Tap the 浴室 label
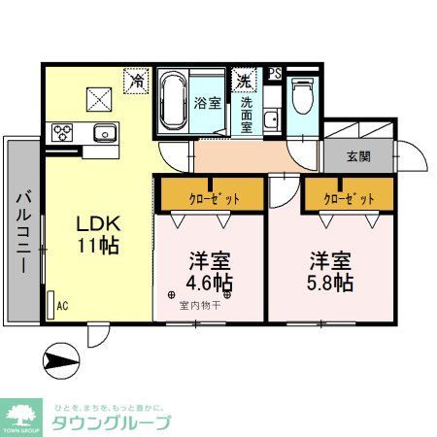point(208,101)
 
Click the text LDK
point(98,222)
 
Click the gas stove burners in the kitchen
point(64,131)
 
